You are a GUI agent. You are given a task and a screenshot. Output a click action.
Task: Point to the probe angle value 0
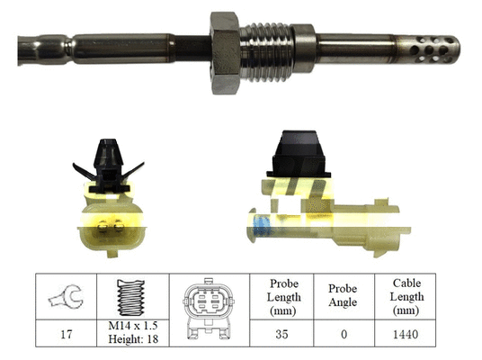342,335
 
